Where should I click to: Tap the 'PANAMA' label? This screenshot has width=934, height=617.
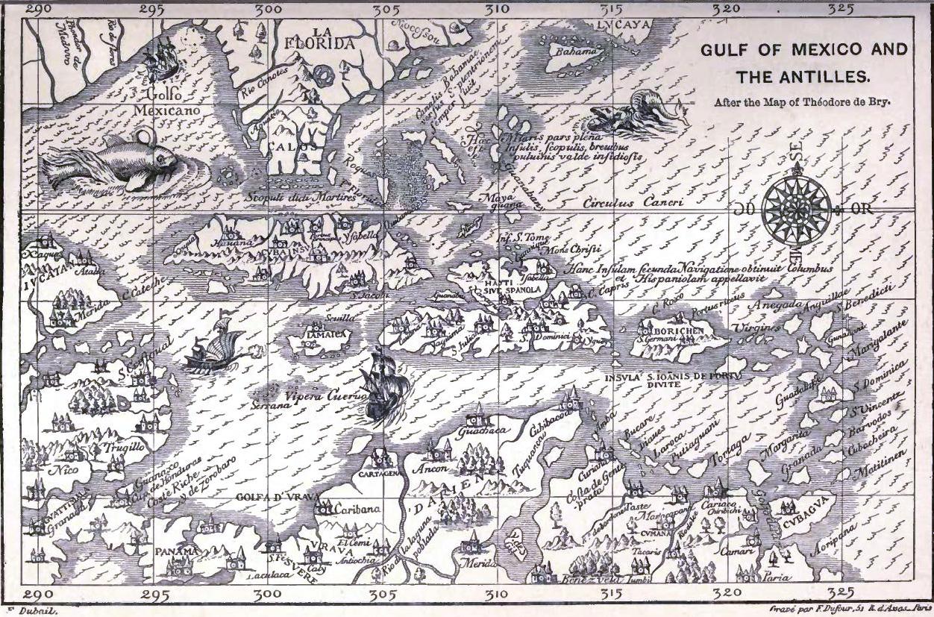pos(178,551)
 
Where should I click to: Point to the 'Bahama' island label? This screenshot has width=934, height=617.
pos(574,51)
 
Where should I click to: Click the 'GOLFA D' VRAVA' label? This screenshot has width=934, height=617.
pos(278,498)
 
